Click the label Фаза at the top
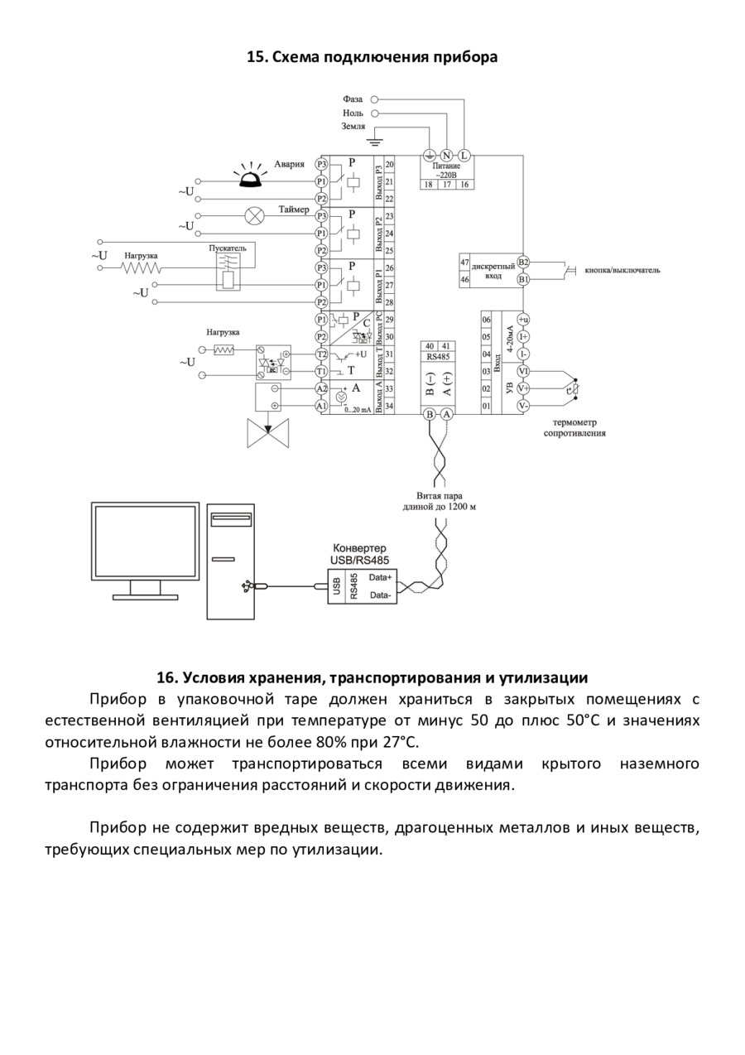coord(353,99)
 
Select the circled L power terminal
coord(464,155)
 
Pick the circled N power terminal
coord(446,155)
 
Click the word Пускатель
coord(227,248)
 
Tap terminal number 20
coord(389,165)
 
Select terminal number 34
coord(389,406)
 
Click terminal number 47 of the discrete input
coord(464,263)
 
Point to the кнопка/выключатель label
coord(622,270)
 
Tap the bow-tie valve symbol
coord(268,433)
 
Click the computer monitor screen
coord(145,541)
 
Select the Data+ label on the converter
coord(381,577)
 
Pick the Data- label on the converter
coord(381,595)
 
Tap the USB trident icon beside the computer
coord(246,585)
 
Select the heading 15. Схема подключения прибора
coord(372,57)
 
